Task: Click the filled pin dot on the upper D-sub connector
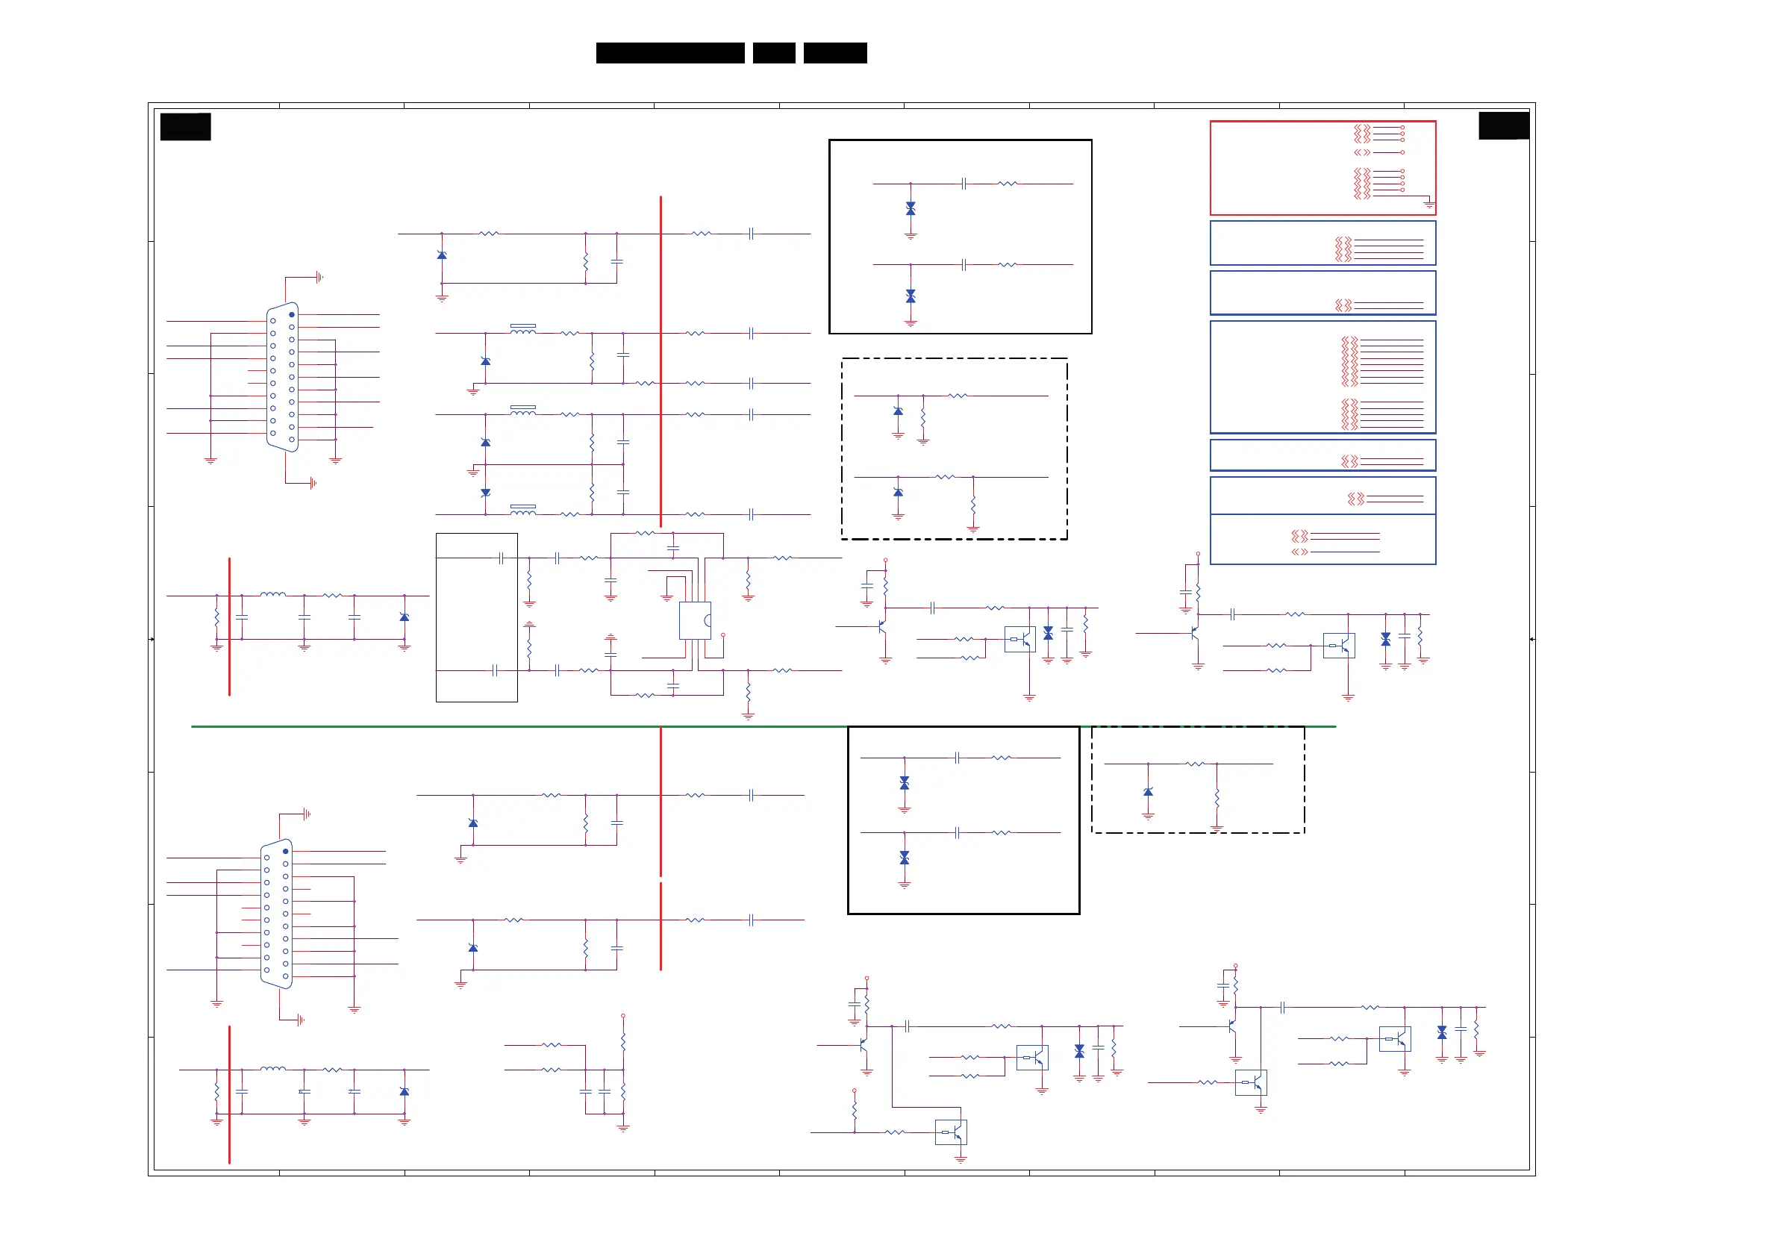[x=292, y=315]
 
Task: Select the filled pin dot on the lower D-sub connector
[x=286, y=852]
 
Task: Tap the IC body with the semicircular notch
[x=695, y=621]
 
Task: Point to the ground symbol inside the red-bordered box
[x=1428, y=205]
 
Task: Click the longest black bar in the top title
[x=670, y=53]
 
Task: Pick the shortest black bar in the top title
[x=774, y=53]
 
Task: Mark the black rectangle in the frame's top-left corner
[x=186, y=126]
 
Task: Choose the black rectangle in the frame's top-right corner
[x=1503, y=125]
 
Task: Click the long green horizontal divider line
[x=763, y=727]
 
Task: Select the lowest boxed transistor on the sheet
[x=951, y=1132]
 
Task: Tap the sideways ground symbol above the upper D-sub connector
[x=319, y=277]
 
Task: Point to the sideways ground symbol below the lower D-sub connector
[x=300, y=1020]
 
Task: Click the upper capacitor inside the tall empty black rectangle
[x=502, y=558]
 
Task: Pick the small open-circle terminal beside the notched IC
[x=723, y=635]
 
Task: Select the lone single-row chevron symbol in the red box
[x=1362, y=152]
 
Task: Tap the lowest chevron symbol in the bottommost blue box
[x=1299, y=552]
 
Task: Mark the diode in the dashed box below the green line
[x=1148, y=792]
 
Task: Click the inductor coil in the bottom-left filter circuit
[x=272, y=1069]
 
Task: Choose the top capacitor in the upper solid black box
[x=964, y=184]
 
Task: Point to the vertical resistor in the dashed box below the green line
[x=1217, y=797]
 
